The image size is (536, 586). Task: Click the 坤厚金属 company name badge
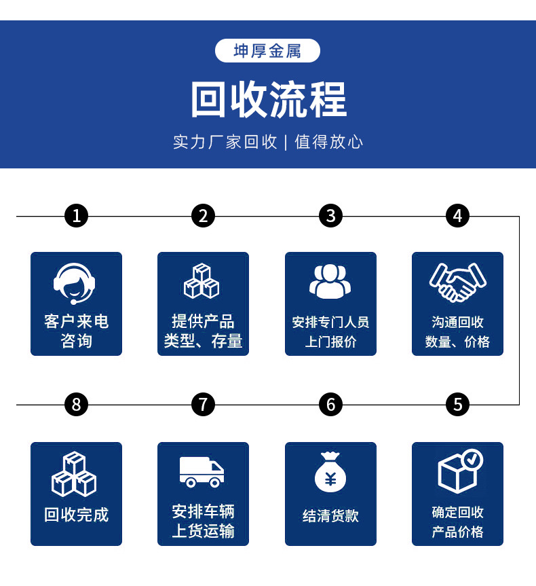(x=267, y=51)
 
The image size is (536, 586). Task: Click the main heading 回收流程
(x=268, y=99)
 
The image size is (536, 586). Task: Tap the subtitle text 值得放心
(x=329, y=142)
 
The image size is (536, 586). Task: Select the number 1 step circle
(x=76, y=216)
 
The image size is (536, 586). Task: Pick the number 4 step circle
(x=457, y=216)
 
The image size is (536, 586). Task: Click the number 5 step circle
(x=457, y=405)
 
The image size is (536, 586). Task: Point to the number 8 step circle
(x=76, y=405)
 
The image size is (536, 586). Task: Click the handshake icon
(x=457, y=281)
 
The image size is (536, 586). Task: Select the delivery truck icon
(x=202, y=471)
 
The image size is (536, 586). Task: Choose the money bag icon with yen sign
(x=330, y=472)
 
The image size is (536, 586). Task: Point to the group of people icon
(x=330, y=281)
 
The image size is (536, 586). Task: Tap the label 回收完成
(x=76, y=515)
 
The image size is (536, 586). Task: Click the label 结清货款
(x=330, y=516)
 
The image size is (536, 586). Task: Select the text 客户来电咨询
(x=76, y=331)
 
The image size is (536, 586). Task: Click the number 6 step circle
(x=330, y=405)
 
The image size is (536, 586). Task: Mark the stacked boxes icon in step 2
(x=202, y=281)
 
